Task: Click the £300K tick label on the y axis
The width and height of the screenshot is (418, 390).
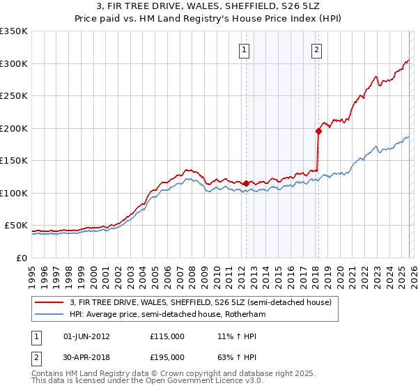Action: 14,63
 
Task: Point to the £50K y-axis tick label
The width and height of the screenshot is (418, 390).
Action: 16,226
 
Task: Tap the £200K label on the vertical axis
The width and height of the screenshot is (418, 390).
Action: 14,128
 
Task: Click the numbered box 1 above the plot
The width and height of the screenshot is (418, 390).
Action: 245,49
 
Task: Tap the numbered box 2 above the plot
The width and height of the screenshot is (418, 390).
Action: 317,49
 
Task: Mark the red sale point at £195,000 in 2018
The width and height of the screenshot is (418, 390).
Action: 318,130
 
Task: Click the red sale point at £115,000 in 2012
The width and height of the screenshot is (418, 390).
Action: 246,183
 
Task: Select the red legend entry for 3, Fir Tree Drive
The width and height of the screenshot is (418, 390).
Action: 201,302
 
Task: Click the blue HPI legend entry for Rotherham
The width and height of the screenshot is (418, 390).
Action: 168,315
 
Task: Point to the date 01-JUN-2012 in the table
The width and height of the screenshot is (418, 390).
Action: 86,336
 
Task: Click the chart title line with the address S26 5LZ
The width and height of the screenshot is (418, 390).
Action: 209,8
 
